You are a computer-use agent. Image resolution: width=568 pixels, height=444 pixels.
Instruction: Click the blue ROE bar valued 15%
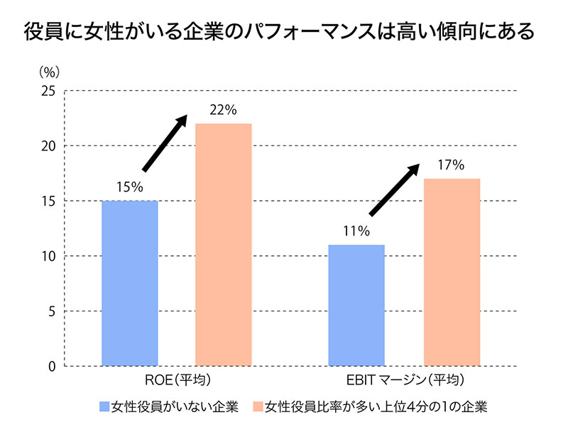[129, 283]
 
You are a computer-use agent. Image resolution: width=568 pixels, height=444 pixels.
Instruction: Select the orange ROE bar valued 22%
[223, 245]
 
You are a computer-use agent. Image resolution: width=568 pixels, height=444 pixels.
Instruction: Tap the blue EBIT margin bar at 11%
[356, 305]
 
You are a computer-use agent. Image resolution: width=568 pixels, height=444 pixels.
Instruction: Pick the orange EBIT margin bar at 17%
[452, 272]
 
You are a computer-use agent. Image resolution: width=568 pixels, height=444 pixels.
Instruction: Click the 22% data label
[223, 111]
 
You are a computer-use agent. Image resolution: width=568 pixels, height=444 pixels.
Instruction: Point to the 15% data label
[129, 187]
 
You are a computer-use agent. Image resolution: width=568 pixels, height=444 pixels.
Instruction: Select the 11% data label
[356, 231]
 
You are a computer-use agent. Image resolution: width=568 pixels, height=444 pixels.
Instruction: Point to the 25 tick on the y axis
[48, 91]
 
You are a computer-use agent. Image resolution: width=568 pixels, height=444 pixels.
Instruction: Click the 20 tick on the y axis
[48, 146]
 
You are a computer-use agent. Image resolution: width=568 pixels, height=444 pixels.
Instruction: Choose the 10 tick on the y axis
[48, 256]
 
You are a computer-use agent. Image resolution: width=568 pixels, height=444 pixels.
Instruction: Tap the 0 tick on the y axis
[52, 366]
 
